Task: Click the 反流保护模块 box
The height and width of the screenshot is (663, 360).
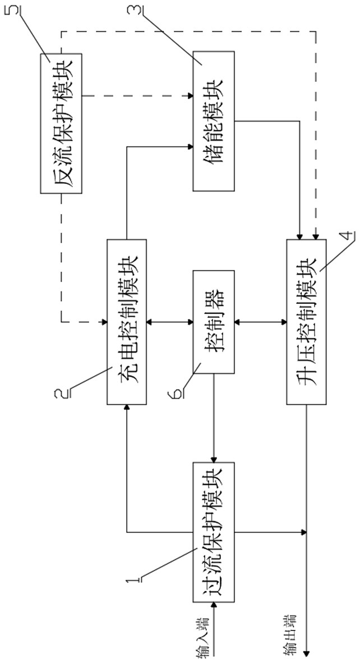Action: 61,123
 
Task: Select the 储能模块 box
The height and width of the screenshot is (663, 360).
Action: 214,120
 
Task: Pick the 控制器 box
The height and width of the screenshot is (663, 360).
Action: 214,322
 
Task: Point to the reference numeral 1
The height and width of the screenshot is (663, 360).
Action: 132,577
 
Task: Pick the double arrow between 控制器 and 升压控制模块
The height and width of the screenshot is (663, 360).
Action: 261,322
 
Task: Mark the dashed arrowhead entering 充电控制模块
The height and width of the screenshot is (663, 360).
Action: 103,322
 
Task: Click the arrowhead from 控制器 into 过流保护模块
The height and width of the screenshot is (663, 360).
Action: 214,458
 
